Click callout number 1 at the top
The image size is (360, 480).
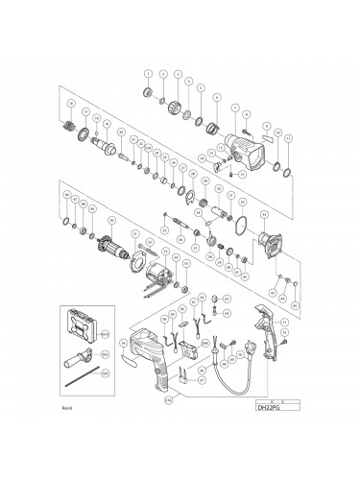pyautogui.click(x=149, y=73)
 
